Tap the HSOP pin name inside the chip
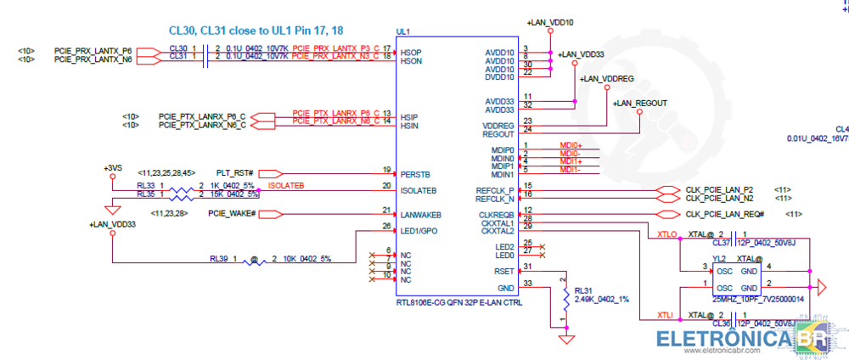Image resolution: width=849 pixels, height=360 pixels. click(412, 53)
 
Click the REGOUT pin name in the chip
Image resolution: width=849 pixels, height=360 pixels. click(498, 133)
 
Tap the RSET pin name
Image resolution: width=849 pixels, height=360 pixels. click(504, 271)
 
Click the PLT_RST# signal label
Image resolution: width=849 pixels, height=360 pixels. click(234, 172)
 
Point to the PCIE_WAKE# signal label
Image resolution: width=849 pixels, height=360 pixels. click(232, 213)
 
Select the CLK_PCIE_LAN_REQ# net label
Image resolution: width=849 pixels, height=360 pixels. click(725, 213)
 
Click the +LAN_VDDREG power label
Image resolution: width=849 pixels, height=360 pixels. click(606, 78)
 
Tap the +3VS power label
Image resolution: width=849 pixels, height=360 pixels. click(113, 167)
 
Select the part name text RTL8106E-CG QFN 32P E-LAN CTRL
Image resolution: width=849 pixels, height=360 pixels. click(458, 302)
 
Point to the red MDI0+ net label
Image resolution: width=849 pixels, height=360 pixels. click(571, 146)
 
